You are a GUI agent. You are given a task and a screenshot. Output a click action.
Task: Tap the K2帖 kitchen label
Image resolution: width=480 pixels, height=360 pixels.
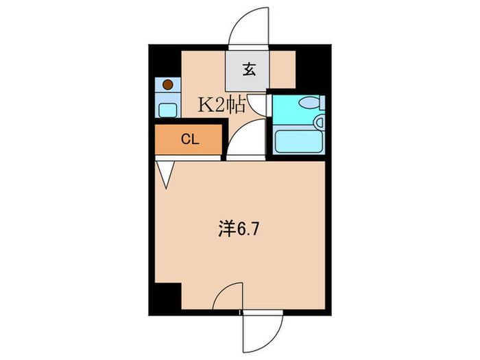pyautogui.click(x=221, y=106)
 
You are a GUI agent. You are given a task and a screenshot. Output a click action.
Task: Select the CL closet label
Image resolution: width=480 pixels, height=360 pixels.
pyautogui.click(x=189, y=140)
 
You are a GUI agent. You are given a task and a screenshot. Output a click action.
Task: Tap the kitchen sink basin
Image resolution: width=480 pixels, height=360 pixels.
pyautogui.click(x=167, y=109)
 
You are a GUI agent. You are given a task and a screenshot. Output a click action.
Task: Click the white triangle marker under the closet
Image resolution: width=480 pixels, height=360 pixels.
pyautogui.click(x=165, y=172)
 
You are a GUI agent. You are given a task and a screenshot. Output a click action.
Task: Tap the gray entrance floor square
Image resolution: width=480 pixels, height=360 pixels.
pyautogui.click(x=248, y=69)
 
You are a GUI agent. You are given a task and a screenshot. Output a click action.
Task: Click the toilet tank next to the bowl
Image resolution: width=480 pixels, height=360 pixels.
pyautogui.click(x=322, y=104)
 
